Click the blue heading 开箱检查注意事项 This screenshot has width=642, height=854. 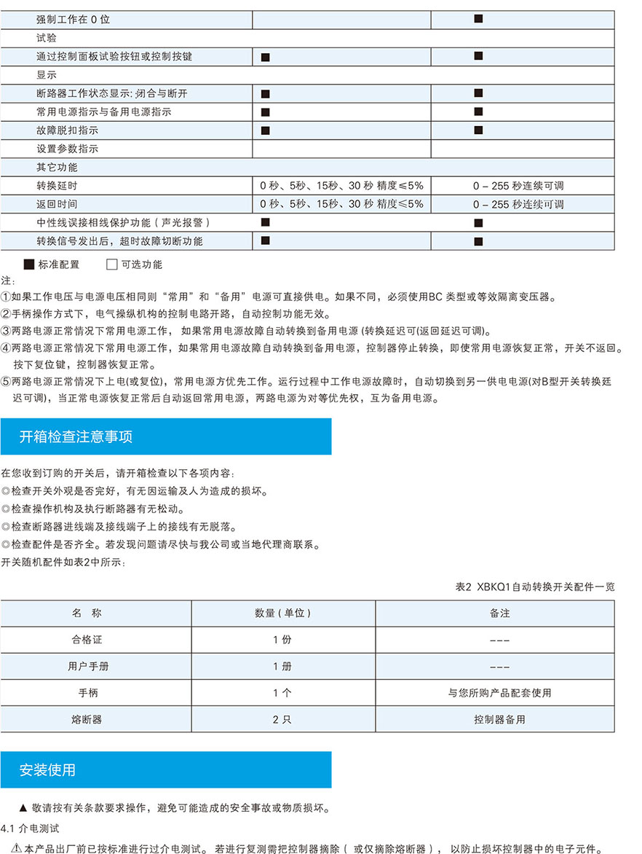[x=76, y=436]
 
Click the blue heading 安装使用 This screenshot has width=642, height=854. [x=47, y=769]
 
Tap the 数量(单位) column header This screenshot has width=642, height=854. [x=282, y=613]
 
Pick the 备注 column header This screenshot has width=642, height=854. [x=499, y=613]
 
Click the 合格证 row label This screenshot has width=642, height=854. [x=87, y=640]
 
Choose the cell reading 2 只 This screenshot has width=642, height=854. [x=282, y=719]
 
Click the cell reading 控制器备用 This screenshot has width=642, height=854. [x=499, y=719]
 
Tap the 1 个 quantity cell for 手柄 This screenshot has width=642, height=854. [x=282, y=693]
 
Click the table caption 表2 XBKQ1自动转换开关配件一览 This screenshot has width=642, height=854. [x=534, y=587]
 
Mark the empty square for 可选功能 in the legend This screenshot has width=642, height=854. [x=111, y=265]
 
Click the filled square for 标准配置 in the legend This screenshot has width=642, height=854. [x=29, y=265]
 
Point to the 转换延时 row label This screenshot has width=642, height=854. [x=57, y=186]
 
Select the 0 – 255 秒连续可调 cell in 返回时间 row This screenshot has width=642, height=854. [x=518, y=205]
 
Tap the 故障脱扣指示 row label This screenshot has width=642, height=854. [x=67, y=130]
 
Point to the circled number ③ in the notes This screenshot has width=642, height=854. [x=6, y=332]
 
